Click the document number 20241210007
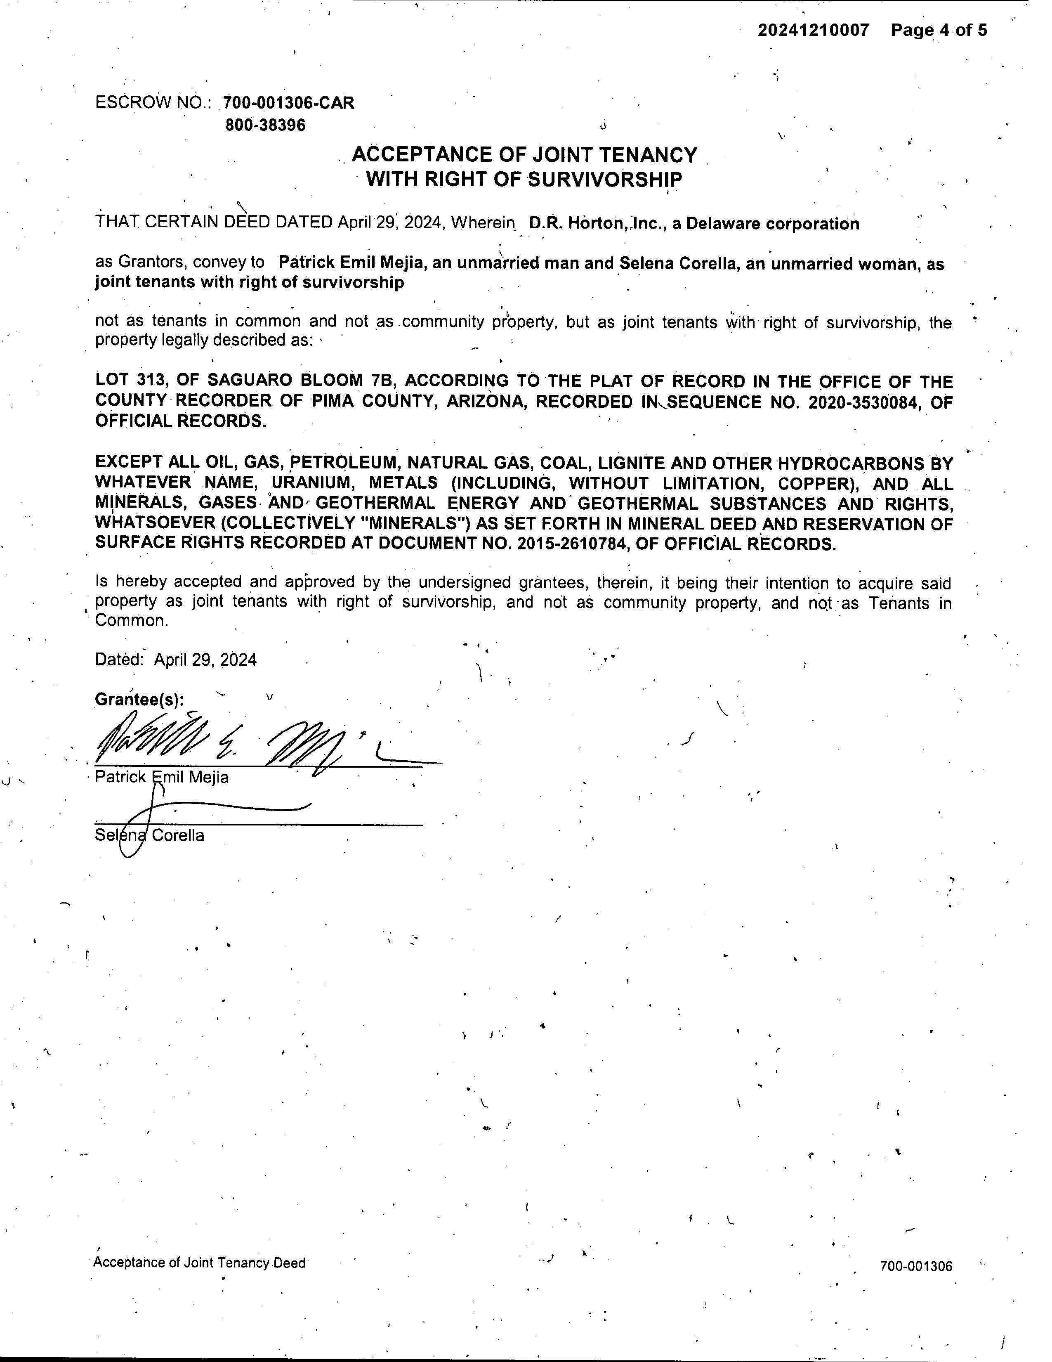coord(813,30)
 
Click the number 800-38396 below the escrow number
coord(266,125)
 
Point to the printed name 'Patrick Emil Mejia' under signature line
coord(161,778)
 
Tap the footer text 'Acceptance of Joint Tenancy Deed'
coord(199,1263)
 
